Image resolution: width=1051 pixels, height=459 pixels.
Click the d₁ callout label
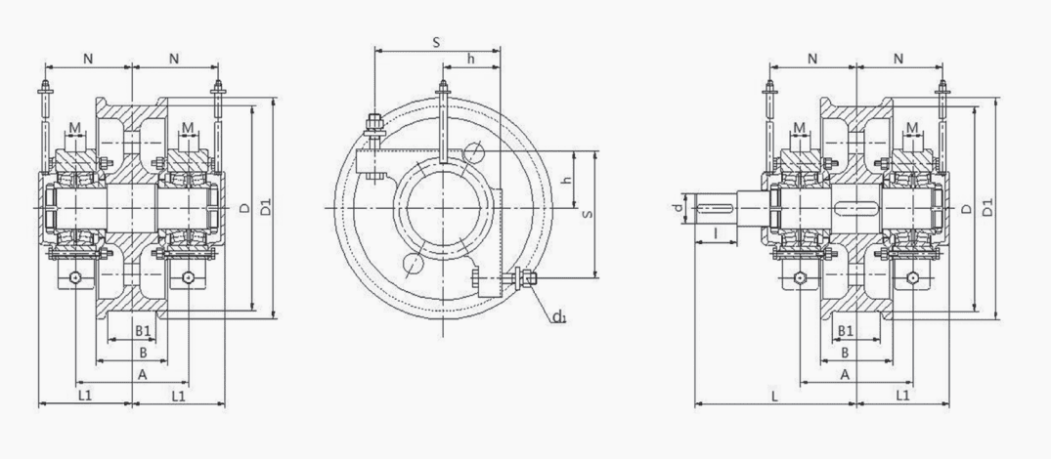pyautogui.click(x=559, y=316)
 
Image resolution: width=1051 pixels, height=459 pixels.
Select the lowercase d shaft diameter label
pyautogui.click(x=679, y=208)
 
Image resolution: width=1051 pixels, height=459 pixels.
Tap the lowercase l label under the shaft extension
pyautogui.click(x=716, y=232)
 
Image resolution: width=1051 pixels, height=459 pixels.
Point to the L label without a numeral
pyautogui.click(x=774, y=396)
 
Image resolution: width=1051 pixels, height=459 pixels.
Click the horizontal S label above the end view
pyautogui.click(x=436, y=42)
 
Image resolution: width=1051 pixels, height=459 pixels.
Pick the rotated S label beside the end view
pyautogui.click(x=588, y=214)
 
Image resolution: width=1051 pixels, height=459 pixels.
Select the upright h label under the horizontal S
pyautogui.click(x=470, y=59)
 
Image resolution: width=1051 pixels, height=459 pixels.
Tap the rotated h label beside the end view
pyautogui.click(x=566, y=181)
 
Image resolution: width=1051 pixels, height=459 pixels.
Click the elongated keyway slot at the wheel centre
pyautogui.click(x=856, y=208)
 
